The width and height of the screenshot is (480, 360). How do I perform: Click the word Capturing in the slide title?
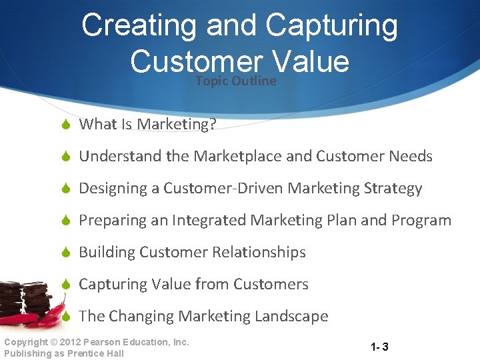point(331,27)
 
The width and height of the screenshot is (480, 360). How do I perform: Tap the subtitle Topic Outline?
point(235,81)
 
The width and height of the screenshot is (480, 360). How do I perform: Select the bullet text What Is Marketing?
point(148,125)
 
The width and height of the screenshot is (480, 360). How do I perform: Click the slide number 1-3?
point(380,347)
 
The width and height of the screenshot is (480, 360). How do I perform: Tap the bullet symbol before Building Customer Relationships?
point(66,253)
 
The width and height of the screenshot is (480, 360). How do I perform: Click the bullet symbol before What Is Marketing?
point(66,125)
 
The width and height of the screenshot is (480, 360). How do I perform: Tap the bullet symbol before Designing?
point(66,189)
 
